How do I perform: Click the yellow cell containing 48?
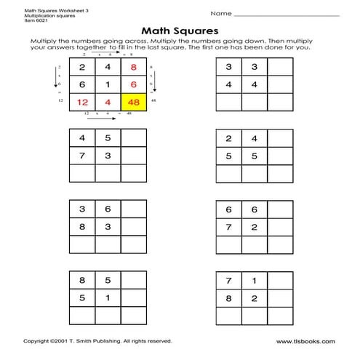(133, 102)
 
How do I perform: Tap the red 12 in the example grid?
(82, 102)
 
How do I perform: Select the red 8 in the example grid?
(133, 68)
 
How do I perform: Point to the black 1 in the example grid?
(107, 84)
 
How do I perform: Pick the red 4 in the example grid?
(107, 102)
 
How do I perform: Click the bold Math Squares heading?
(179, 31)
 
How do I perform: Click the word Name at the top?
(221, 13)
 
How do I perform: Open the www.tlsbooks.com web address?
(305, 340)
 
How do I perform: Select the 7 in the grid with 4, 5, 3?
(82, 154)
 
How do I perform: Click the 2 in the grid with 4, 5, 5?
(229, 137)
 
